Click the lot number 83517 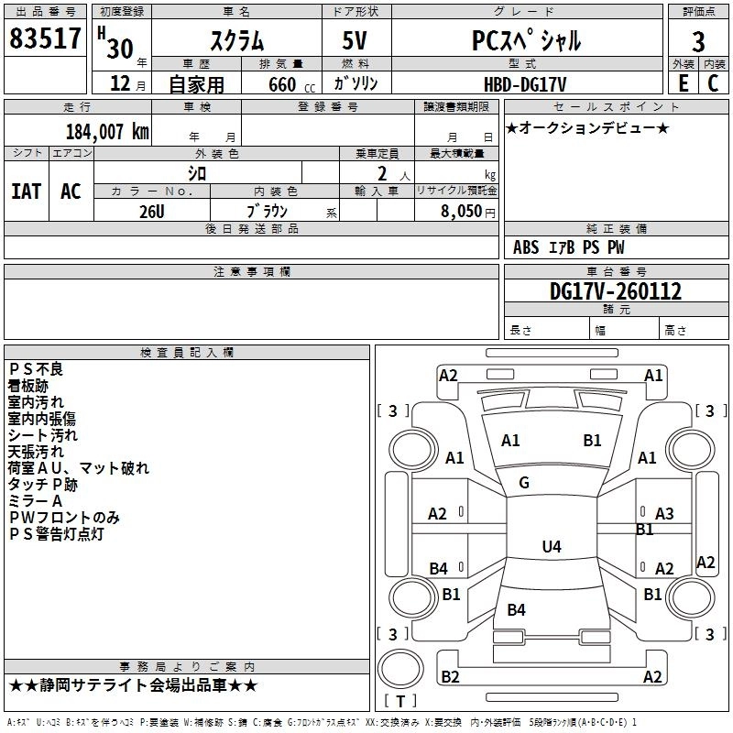[45, 39]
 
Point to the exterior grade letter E [683, 82]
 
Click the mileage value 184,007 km [106, 131]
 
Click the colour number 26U [151, 211]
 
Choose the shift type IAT [26, 191]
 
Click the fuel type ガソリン [356, 83]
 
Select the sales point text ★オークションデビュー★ [587, 127]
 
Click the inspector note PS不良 [36, 369]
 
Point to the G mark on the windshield [523, 483]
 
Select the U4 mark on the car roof [551, 547]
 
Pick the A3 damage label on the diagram [664, 514]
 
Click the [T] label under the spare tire [400, 702]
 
